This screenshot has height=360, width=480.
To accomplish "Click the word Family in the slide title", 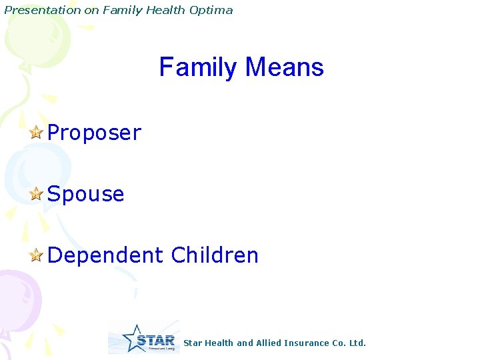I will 198,67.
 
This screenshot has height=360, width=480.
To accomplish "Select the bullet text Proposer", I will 94,133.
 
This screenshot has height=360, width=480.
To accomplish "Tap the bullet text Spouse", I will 85,195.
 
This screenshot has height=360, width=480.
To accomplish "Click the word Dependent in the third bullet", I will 105,255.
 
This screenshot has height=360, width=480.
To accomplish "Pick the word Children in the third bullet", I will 214,255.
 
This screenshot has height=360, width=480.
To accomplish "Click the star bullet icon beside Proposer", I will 37,133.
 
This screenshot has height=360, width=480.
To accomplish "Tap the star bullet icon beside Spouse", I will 37,194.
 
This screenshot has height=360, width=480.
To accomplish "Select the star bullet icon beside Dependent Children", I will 37,255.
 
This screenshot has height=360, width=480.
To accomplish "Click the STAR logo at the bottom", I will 144,338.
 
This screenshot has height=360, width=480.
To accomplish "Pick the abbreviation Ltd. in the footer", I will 358,343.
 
